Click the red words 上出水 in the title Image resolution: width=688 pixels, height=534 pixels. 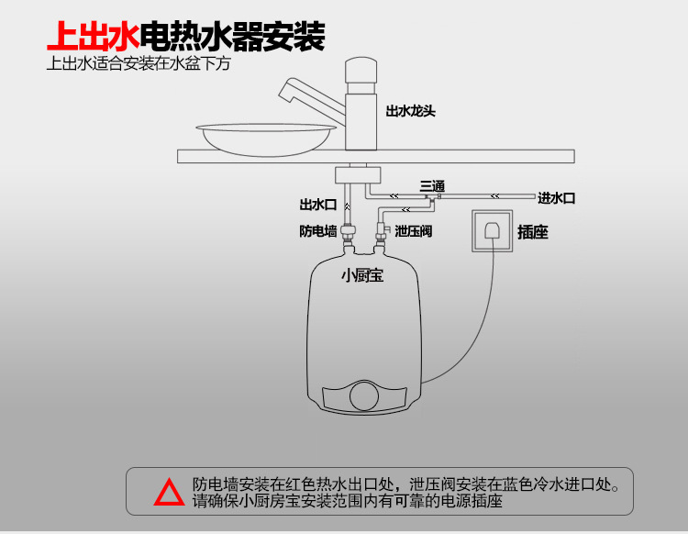[93, 39]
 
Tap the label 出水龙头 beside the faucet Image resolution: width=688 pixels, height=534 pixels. [410, 111]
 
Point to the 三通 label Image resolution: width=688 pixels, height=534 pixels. [433, 185]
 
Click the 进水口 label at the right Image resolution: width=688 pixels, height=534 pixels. [557, 198]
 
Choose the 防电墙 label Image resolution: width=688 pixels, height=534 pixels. [318, 231]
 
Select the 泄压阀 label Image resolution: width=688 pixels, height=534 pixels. [413, 231]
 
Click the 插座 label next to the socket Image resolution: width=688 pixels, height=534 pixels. [533, 232]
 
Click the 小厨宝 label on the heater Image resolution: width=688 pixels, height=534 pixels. [361, 274]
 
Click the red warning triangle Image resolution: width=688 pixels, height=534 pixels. [169, 493]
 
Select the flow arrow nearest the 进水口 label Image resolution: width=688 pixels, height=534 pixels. [494, 195]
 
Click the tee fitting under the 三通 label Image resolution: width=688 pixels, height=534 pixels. [439, 196]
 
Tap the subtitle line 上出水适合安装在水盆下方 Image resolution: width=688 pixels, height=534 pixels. [138, 65]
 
